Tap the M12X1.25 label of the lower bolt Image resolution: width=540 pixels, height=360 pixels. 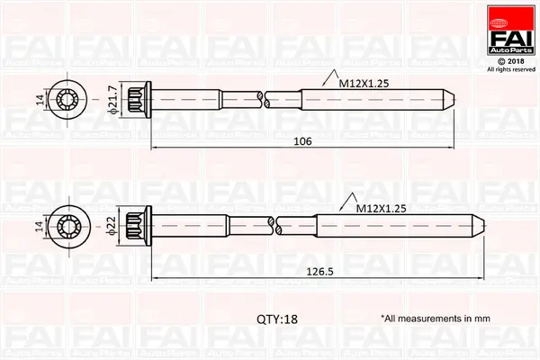(382, 208)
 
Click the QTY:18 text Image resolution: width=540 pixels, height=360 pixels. (276, 319)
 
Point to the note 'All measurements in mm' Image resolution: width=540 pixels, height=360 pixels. (435, 319)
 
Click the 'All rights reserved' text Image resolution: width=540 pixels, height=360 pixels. (510, 68)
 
